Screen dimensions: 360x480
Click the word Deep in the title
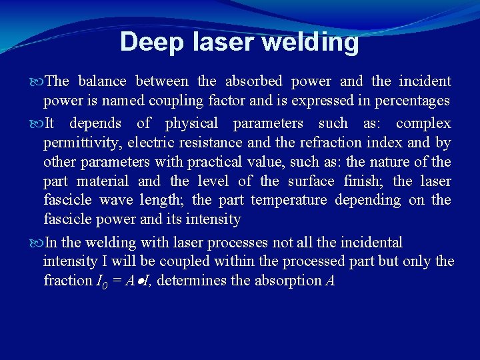pos(151,42)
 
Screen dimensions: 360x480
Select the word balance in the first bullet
pos(102,81)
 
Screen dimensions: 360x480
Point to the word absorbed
pos(254,81)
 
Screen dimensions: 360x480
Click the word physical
pos(191,123)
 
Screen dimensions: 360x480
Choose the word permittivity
pos(83,143)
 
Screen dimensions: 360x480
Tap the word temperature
pos(289,201)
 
